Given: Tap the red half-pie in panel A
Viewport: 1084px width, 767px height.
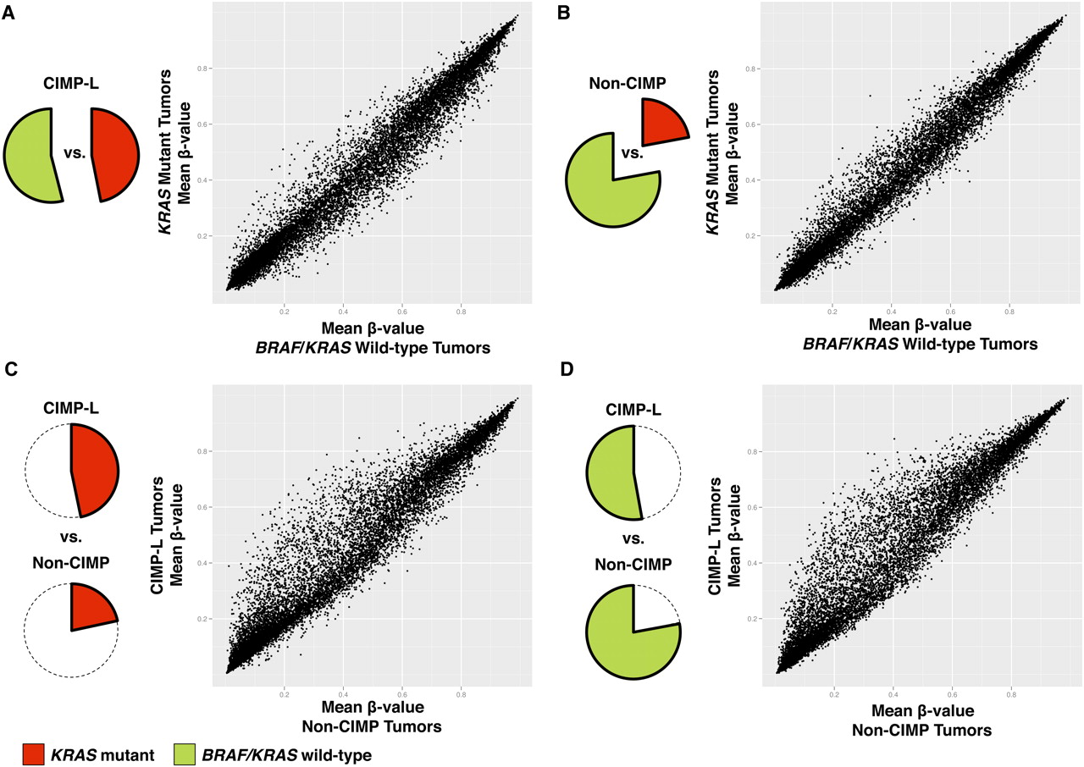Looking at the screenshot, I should point(114,154).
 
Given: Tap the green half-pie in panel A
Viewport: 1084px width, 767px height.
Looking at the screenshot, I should point(30,156).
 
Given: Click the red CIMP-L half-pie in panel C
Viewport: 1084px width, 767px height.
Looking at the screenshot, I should point(93,469).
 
